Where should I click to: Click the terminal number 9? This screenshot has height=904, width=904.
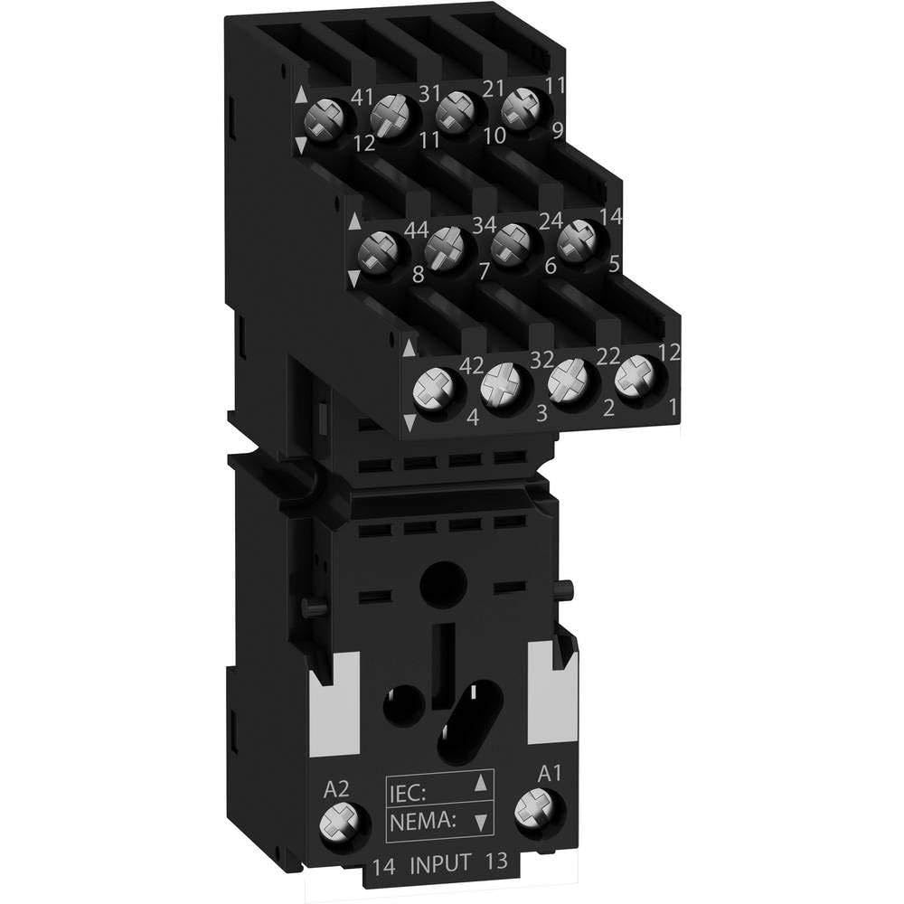pyautogui.click(x=558, y=130)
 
